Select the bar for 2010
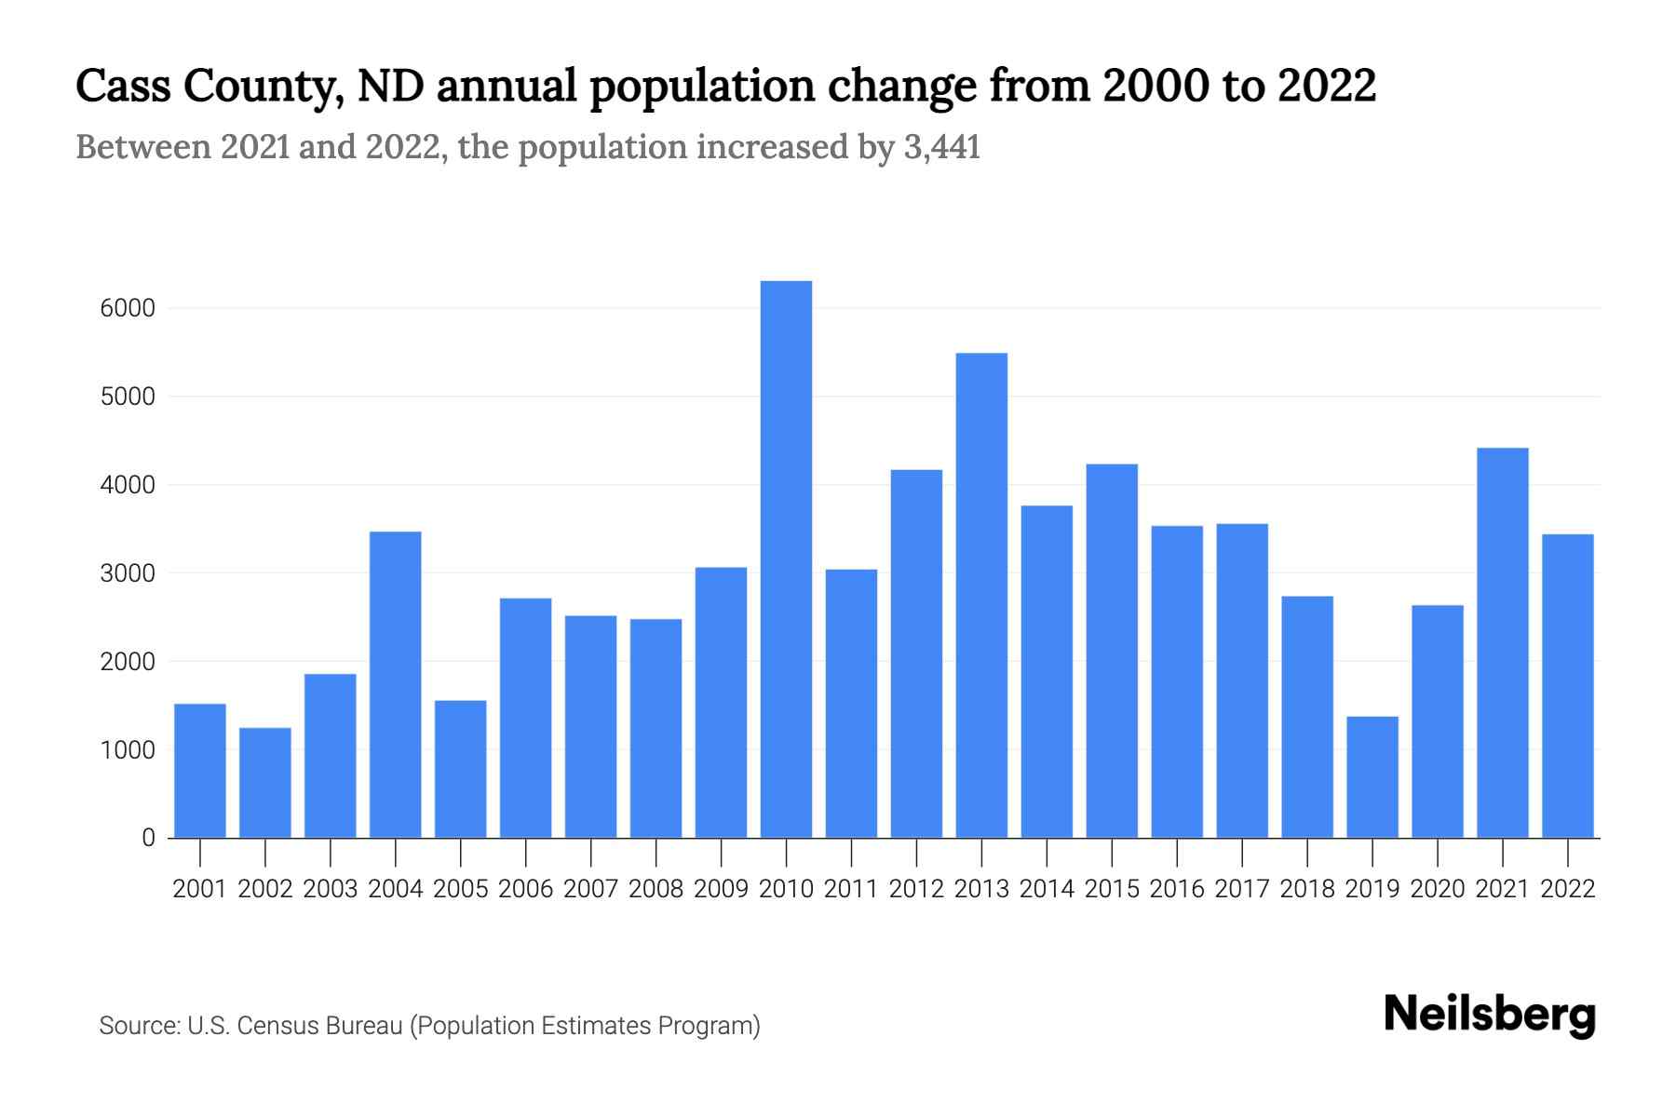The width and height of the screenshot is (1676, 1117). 786,558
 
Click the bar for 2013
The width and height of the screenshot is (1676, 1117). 981,596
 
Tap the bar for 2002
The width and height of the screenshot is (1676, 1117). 265,783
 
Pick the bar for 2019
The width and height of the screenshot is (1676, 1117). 1372,777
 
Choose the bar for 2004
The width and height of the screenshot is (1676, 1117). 396,684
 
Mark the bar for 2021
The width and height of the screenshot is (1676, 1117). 1503,642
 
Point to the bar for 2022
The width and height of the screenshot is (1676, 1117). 1568,686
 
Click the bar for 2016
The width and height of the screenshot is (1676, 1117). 1177,681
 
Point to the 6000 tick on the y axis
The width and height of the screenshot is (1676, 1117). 128,308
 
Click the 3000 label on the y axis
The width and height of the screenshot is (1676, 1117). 128,573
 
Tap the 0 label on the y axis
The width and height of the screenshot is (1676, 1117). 148,838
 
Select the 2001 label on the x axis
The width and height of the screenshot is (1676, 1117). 200,889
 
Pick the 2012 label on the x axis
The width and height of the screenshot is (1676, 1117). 916,889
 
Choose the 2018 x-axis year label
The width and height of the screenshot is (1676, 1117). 1307,889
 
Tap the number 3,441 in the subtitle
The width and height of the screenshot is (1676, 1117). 941,147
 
